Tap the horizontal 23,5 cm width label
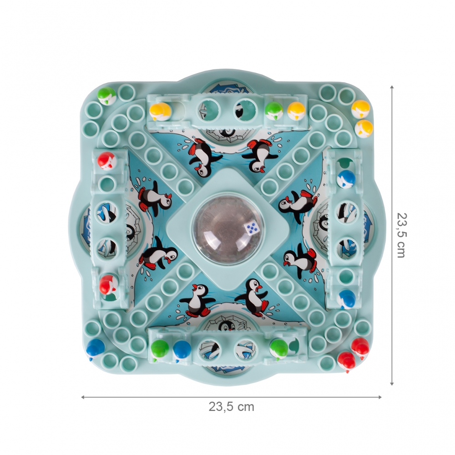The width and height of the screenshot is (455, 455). pos(231,407)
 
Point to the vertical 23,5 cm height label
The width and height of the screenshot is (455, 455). pos(402,235)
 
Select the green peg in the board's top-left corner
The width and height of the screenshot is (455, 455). pos(106,96)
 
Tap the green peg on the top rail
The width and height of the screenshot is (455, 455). pos(273,111)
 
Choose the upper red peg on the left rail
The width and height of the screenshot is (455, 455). pos(106,161)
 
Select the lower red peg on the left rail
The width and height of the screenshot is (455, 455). pos(107,283)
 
